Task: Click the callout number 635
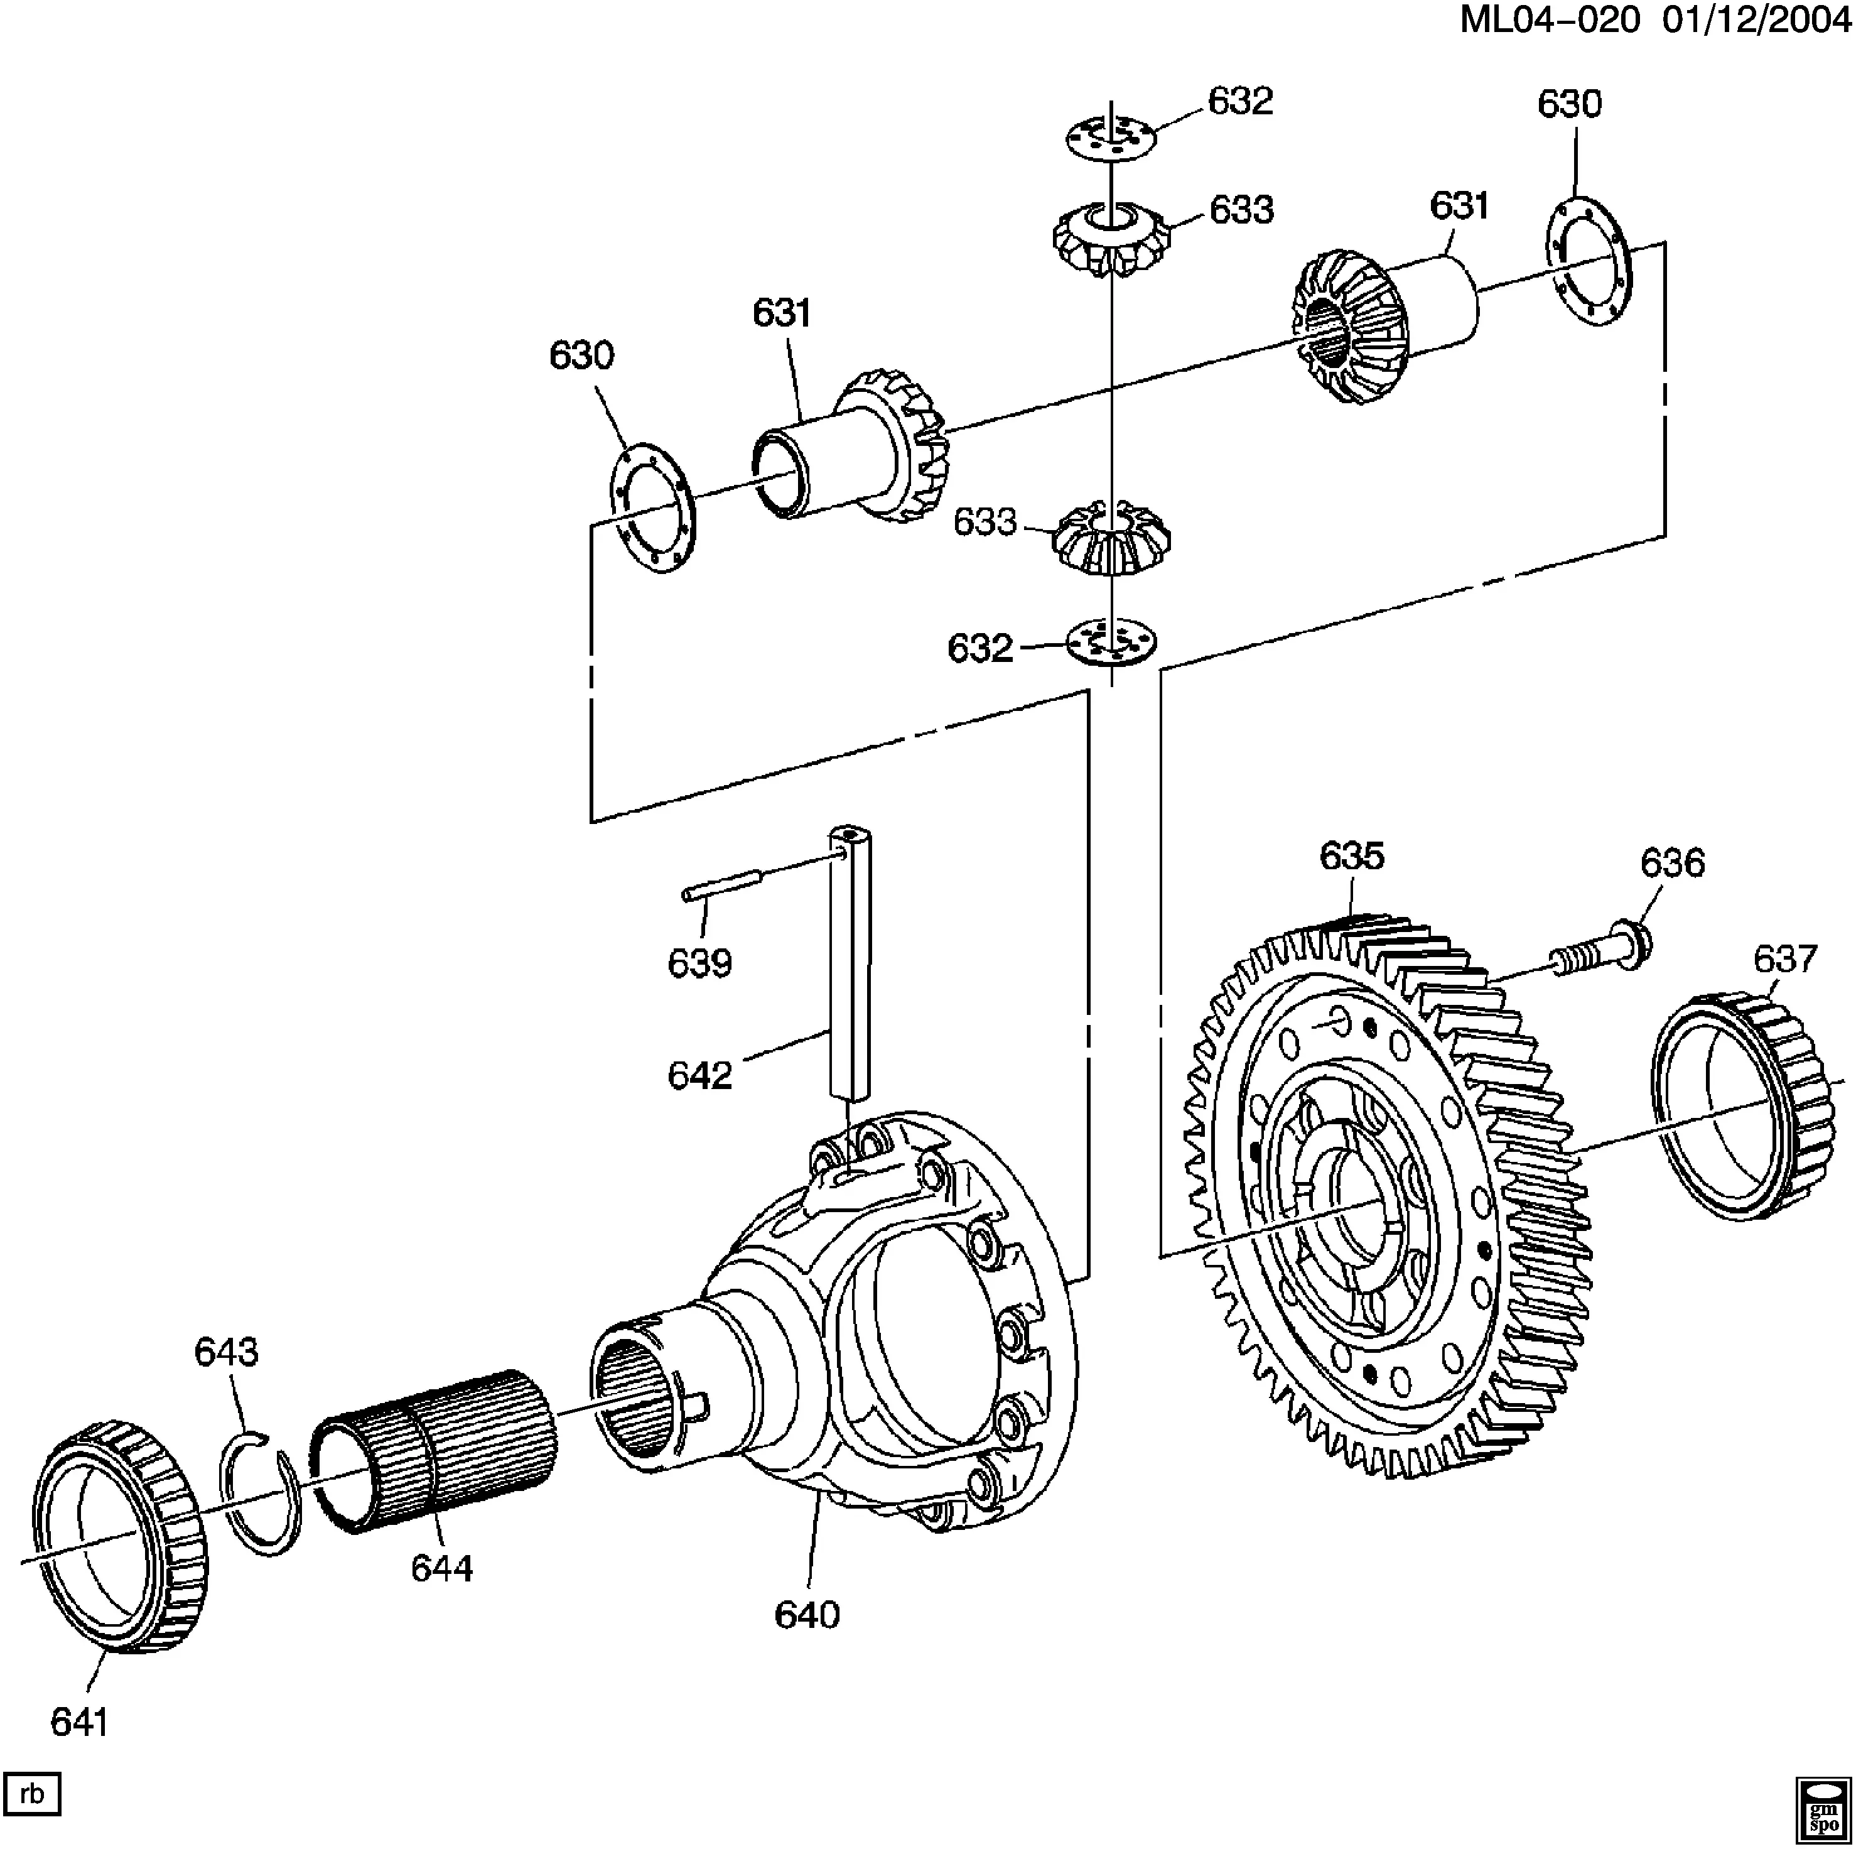1352,856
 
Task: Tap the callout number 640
807,1615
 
